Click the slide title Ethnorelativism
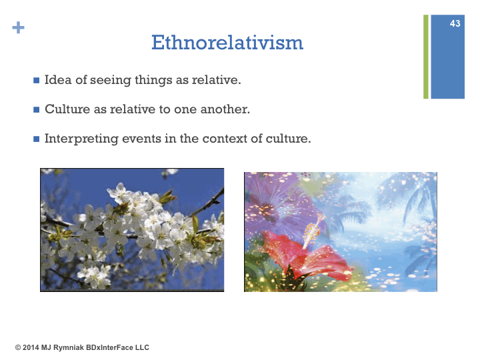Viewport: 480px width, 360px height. point(227,42)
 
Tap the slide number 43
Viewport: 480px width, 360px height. point(455,23)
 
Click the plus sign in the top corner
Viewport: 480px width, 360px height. point(19,27)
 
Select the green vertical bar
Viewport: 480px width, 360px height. point(426,57)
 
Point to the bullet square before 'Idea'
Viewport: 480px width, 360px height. point(37,80)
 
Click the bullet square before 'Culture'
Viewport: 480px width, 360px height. point(37,109)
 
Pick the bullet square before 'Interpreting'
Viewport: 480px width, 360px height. point(37,139)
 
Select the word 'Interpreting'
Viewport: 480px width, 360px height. point(81,139)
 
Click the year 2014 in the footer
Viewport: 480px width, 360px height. point(31,347)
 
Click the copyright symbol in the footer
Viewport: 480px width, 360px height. point(18,348)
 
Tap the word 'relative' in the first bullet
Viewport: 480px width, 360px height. point(217,79)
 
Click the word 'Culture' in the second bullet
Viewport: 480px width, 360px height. point(67,109)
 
